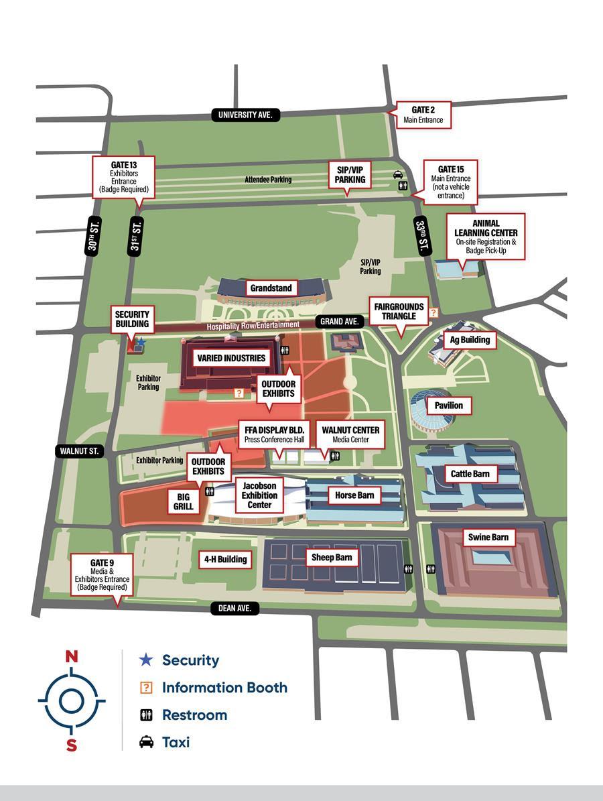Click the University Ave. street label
[x=245, y=115]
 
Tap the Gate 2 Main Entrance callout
[x=423, y=115]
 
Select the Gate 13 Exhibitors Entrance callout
[x=124, y=177]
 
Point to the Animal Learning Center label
[x=485, y=237]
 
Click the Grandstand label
[x=271, y=288]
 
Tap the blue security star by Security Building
[x=141, y=343]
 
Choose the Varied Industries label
[x=231, y=358]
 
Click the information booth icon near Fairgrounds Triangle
[x=433, y=312]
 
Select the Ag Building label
[x=470, y=340]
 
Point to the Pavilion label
[x=448, y=406]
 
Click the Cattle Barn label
[x=470, y=474]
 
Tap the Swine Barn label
[x=488, y=537]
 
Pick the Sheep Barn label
[x=332, y=557]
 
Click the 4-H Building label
[x=225, y=559]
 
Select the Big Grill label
[x=184, y=501]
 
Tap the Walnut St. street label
[x=79, y=451]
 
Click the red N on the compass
[x=71, y=656]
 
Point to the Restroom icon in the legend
[x=146, y=715]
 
